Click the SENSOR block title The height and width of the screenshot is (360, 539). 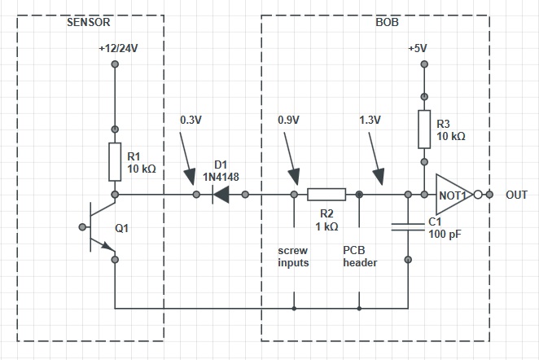pos(89,22)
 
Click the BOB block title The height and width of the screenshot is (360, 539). pos(387,22)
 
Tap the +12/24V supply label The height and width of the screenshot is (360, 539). pos(118,49)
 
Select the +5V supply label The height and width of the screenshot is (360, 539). pos(418,49)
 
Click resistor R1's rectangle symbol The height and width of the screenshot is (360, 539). pos(115,162)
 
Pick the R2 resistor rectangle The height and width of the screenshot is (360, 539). pos(326,195)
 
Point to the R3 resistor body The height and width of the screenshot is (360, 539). pos(424,130)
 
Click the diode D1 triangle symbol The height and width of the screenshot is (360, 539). pos(221,195)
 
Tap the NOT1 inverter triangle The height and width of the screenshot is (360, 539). pos(454,195)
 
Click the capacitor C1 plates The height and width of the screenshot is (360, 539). pos(408,227)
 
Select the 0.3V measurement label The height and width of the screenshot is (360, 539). pos(191,120)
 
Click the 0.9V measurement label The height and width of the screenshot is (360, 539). pos(288,120)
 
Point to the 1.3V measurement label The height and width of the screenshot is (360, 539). pos(370,120)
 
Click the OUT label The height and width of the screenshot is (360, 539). pos(516,195)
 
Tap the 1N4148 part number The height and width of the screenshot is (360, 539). pos(221,177)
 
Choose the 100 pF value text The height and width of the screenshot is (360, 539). pos(445,234)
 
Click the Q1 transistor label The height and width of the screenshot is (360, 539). pos(121,228)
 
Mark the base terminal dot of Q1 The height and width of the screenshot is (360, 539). pos(82,227)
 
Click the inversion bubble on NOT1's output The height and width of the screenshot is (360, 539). pos(478,195)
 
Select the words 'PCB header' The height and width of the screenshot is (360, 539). pos(360,257)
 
